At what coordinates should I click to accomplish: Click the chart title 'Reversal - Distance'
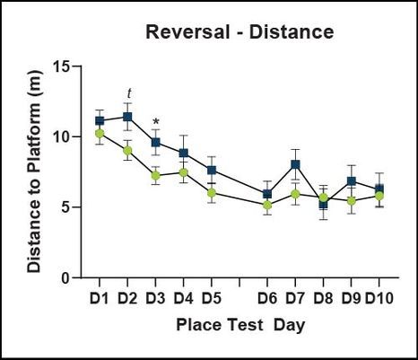tap(239, 33)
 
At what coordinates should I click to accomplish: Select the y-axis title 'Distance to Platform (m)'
tap(33, 172)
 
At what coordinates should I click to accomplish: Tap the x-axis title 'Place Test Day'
tap(239, 324)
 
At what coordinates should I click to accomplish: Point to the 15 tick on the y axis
tap(60, 66)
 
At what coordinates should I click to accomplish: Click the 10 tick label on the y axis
tap(60, 136)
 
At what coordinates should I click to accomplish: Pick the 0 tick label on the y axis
tap(65, 277)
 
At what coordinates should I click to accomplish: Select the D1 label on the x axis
tap(100, 296)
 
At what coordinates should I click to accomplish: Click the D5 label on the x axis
tap(211, 296)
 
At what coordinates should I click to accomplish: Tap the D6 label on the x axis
tap(266, 296)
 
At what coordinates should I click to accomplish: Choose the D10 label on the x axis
tap(380, 296)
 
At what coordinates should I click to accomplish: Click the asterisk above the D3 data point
tap(156, 123)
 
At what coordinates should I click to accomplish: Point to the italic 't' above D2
tap(128, 93)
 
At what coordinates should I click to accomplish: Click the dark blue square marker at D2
tap(127, 117)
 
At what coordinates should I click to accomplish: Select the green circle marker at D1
tap(100, 134)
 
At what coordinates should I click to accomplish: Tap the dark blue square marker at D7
tap(295, 164)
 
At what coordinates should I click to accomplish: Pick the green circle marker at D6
tap(267, 206)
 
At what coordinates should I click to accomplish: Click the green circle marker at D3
tap(155, 175)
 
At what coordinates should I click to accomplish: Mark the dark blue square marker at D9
tap(352, 181)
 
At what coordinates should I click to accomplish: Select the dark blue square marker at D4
tap(183, 153)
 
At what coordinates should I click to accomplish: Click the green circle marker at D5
tap(211, 193)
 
